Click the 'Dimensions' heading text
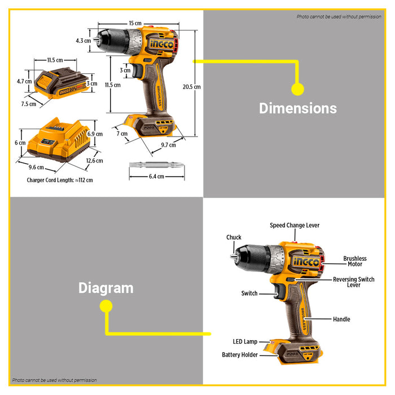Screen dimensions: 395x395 point(297,108)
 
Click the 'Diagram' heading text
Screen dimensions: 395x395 point(106,288)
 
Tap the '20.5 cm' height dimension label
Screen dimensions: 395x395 point(191,87)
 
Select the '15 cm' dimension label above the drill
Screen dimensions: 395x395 point(135,23)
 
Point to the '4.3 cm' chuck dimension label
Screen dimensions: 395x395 point(83,41)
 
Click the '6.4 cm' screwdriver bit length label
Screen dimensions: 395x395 point(156,177)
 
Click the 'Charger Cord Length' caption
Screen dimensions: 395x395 point(60,181)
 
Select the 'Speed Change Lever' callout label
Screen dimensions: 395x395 point(294,225)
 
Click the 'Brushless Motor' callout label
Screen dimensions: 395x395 point(354,261)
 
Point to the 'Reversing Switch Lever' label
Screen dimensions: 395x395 point(354,282)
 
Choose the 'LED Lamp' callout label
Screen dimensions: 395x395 point(245,341)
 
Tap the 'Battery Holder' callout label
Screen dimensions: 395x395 point(239,355)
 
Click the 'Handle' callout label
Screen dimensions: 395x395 point(341,319)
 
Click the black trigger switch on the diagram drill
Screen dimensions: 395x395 point(279,292)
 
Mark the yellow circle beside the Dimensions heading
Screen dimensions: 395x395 point(297,89)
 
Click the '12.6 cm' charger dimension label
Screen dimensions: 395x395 point(95,161)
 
